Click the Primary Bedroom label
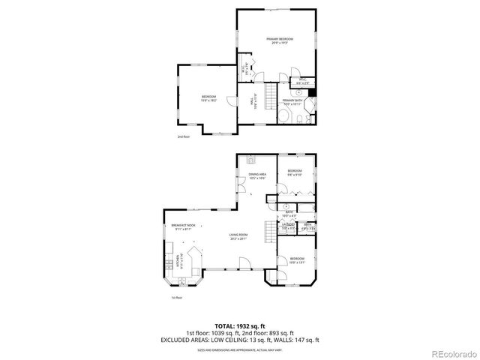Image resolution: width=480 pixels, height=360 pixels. [x=279, y=40]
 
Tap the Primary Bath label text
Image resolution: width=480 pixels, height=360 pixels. [x=292, y=101]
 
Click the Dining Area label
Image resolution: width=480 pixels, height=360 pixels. [x=257, y=175]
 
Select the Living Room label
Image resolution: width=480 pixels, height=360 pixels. [x=238, y=238]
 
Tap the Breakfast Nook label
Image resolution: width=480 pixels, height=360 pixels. [x=183, y=226]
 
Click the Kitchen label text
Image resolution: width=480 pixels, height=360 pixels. [x=178, y=262]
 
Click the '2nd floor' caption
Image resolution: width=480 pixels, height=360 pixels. [x=184, y=137]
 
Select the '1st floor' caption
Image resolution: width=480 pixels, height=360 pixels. [x=177, y=298]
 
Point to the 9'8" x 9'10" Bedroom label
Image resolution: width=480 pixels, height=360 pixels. [x=295, y=172]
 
